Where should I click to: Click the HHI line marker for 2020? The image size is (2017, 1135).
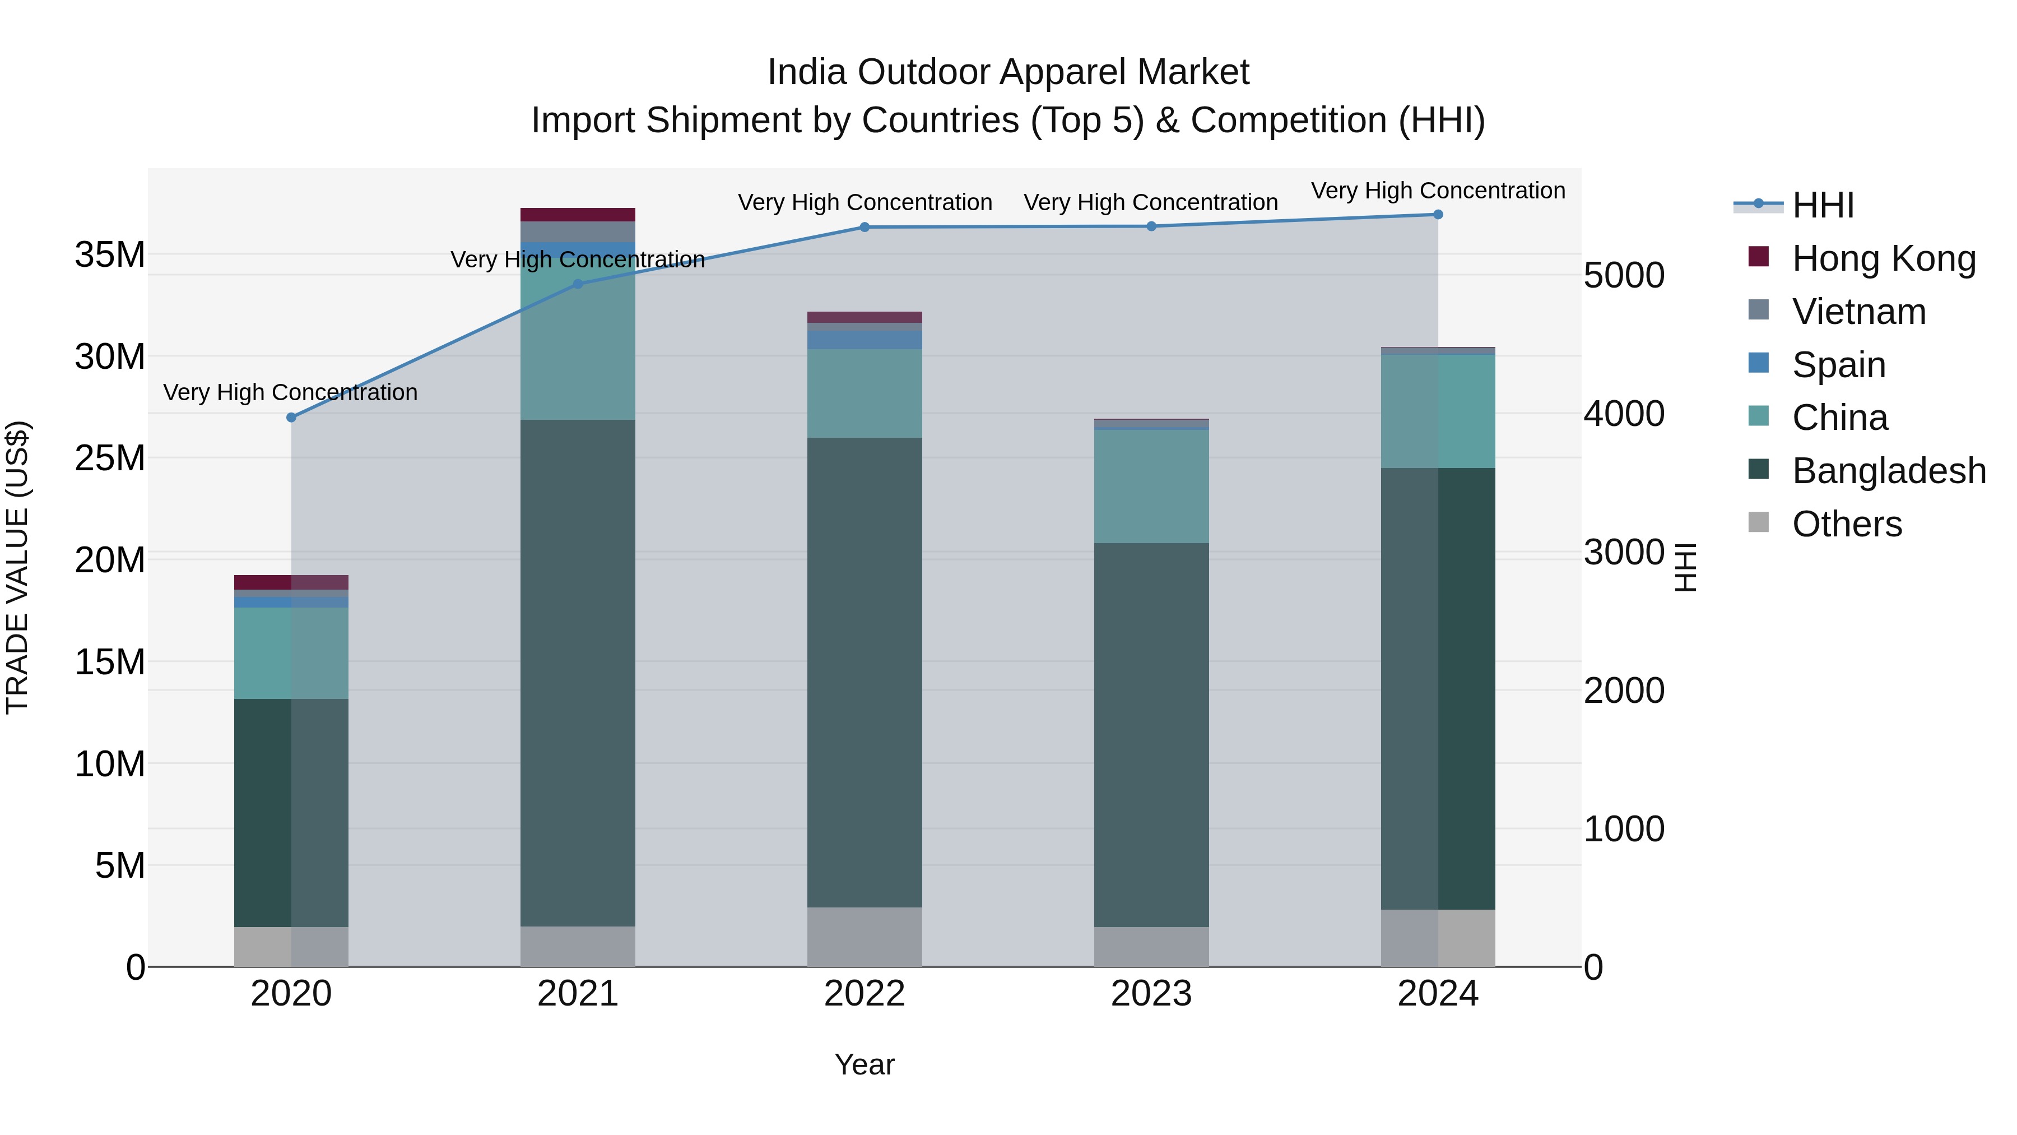[291, 418]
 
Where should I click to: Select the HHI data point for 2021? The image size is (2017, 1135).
[578, 284]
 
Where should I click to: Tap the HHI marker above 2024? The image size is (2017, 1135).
[1438, 215]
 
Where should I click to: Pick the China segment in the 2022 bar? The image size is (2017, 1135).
[865, 393]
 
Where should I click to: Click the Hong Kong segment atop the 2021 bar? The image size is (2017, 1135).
[578, 215]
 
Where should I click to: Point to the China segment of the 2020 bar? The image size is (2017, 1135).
[291, 654]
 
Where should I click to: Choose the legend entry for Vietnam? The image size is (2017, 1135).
[1857, 312]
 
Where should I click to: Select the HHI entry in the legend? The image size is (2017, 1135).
[1821, 205]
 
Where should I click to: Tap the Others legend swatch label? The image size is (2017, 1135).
[1846, 524]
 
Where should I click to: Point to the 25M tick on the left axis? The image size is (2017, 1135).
[110, 458]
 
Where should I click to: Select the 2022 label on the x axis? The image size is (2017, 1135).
[865, 994]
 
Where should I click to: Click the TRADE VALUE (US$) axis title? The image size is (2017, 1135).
[17, 567]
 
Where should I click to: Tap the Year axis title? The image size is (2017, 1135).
[865, 1064]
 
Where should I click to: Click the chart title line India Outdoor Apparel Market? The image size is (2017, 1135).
[1008, 72]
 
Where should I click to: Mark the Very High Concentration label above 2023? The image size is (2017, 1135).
[1150, 202]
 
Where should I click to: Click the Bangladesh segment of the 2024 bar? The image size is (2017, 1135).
[1438, 689]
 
